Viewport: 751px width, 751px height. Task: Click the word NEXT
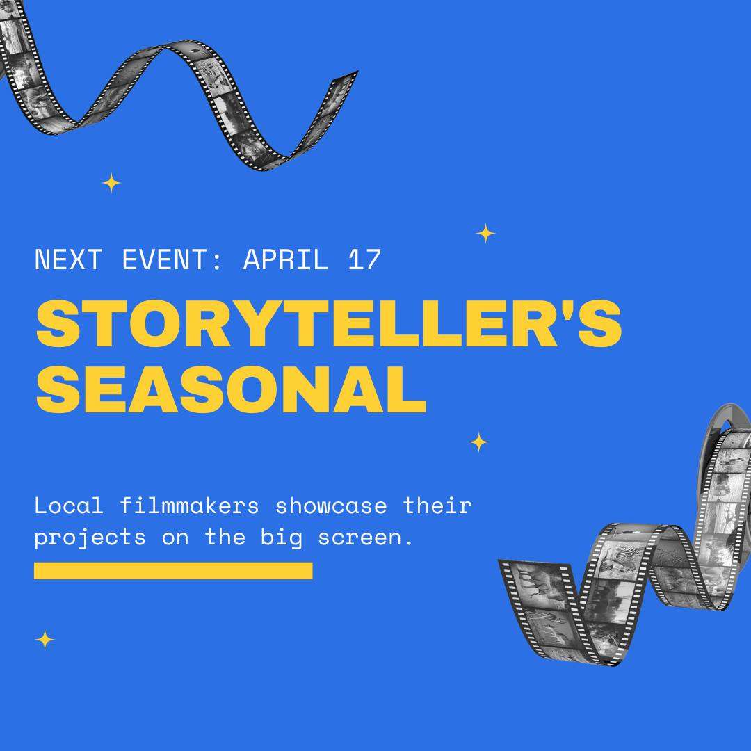68,259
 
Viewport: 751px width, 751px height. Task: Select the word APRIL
286,259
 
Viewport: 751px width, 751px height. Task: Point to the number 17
364,259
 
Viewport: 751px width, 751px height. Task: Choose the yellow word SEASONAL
231,389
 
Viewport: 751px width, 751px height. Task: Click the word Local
69,506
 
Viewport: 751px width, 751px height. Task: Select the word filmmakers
189,506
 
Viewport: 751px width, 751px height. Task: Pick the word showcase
331,506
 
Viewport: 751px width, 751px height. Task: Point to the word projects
90,538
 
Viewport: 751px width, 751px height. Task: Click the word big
282,538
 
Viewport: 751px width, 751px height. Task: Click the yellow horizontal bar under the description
173,570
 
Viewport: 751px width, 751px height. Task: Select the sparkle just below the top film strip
111,183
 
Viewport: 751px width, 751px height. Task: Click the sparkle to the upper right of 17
485,233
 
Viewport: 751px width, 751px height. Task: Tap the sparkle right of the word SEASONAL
479,442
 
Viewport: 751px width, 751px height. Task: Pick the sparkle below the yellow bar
45,640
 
